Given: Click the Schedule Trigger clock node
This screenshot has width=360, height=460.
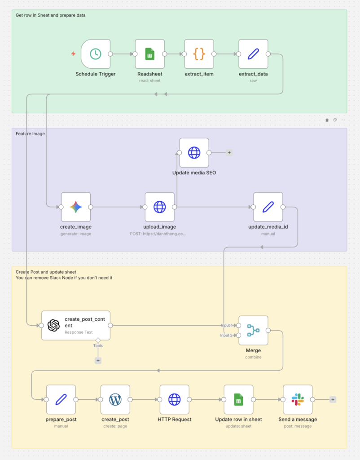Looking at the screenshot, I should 96,54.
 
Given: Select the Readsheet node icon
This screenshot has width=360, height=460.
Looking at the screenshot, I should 149,54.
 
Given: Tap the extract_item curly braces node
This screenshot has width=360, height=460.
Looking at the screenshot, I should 199,54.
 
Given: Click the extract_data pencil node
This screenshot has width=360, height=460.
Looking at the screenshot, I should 253,54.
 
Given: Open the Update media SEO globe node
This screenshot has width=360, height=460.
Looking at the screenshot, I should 194,153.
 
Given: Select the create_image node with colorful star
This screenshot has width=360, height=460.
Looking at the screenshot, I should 76,207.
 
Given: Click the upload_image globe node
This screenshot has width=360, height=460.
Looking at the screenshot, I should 159,207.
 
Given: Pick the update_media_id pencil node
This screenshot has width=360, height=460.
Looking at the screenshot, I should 268,207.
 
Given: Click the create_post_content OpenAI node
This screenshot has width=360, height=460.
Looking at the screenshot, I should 54,325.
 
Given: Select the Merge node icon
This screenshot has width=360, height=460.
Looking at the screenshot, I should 253,331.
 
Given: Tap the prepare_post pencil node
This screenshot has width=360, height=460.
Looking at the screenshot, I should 61,399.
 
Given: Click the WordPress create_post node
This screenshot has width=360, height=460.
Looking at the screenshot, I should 115,399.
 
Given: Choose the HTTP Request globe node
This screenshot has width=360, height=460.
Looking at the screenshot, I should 174,399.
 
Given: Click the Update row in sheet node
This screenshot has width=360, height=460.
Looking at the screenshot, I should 238,399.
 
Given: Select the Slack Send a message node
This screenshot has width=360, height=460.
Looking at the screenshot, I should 298,399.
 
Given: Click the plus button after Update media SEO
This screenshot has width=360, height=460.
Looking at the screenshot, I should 229,153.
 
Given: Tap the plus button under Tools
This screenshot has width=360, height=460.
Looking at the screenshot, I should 98,360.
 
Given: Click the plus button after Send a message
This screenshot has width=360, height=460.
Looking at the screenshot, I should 333,399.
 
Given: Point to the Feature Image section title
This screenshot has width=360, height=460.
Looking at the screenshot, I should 30,134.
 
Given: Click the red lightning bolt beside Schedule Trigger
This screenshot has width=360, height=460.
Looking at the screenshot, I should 73,54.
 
